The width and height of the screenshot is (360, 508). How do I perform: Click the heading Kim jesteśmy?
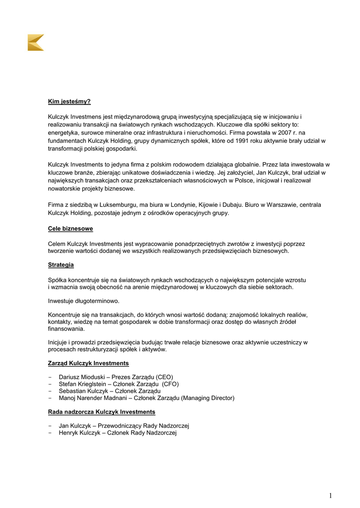click(x=69, y=102)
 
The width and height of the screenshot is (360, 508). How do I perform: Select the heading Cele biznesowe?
click(x=70, y=229)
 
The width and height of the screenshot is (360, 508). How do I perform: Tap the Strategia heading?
click(x=61, y=265)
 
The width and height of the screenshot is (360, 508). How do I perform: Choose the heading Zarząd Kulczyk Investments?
click(x=88, y=364)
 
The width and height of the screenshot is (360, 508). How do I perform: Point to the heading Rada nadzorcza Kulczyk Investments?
click(x=101, y=412)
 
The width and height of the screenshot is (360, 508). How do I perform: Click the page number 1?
click(x=330, y=496)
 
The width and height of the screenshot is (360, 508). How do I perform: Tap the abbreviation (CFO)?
click(x=170, y=384)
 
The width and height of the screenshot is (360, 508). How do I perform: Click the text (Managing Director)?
click(x=208, y=398)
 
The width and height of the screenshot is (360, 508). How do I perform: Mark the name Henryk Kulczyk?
click(x=79, y=433)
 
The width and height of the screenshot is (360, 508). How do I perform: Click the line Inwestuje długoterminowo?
click(x=83, y=301)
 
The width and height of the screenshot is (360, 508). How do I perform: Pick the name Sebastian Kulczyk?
click(x=82, y=391)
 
